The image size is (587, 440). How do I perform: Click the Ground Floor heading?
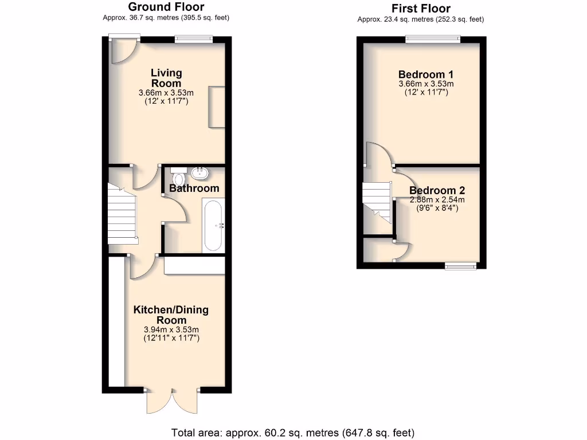166,7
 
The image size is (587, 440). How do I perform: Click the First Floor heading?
420,8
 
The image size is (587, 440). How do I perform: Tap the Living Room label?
166,78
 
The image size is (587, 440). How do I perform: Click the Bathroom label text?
194,188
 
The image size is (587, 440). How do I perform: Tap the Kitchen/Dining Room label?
171,315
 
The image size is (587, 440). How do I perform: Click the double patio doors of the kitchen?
172,399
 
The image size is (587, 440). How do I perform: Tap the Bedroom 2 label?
437,191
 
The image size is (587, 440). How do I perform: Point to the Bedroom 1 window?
433,39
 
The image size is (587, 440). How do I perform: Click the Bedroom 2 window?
461,265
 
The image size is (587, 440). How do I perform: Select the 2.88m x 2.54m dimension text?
437,200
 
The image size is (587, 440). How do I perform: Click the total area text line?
293,432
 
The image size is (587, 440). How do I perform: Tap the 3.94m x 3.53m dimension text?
171,329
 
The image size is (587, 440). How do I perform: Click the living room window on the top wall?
194,39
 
